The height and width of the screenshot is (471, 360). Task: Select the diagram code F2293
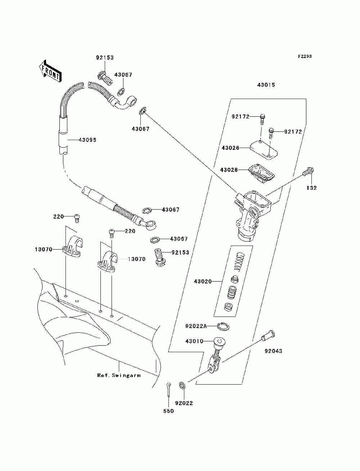[x=305, y=57]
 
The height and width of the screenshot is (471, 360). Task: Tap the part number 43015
[x=266, y=85]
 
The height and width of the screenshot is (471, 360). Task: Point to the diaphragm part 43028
[x=261, y=174]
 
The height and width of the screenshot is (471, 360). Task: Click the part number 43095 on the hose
[x=87, y=140]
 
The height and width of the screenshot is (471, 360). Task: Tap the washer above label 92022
[x=183, y=385]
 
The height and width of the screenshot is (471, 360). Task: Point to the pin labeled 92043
[x=268, y=336]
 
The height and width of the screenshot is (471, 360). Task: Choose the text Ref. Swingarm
[x=119, y=375]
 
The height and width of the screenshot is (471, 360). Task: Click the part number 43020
[x=203, y=281]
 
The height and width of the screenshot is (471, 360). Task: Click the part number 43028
[x=229, y=170]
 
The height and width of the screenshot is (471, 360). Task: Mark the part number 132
[x=311, y=188]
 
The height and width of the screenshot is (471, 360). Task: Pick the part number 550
[x=168, y=411]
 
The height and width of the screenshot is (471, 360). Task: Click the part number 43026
[x=230, y=148]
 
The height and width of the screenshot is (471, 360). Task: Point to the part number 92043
[x=273, y=351]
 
